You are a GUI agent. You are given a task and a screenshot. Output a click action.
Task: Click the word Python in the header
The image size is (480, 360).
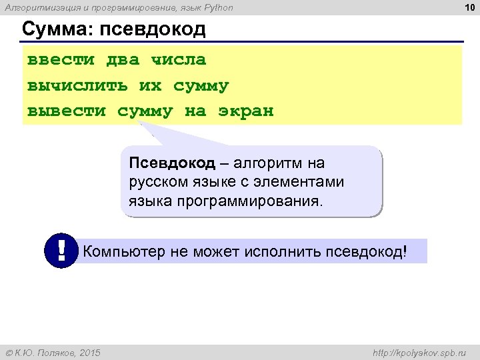tap(216, 8)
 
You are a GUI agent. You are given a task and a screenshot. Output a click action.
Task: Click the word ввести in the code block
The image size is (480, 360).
tap(61, 60)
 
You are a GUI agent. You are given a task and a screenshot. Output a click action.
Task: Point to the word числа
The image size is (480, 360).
tap(179, 60)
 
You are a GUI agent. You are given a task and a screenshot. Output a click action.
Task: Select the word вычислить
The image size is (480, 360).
tap(77, 86)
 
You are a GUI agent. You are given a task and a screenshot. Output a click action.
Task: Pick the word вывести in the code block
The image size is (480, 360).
tap(66, 111)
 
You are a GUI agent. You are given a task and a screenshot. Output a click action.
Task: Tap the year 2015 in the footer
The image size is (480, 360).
tap(89, 352)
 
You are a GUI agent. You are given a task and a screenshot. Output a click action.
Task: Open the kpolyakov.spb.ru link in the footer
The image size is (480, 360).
tap(420, 352)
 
